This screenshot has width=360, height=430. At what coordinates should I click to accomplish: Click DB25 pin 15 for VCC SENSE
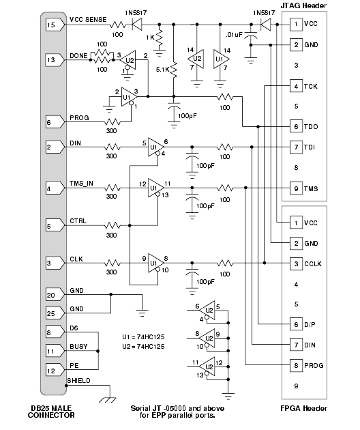(x=55, y=25)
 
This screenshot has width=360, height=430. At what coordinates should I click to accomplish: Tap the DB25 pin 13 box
(x=55, y=60)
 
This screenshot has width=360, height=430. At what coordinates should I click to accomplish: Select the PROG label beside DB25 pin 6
(x=79, y=118)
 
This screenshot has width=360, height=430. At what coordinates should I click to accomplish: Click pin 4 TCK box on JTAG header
(x=296, y=87)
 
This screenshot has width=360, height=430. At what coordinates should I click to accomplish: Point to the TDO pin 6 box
(x=296, y=127)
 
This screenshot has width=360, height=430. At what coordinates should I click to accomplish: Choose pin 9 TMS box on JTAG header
(x=296, y=188)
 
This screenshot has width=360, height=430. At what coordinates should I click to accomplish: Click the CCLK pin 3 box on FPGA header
(x=296, y=264)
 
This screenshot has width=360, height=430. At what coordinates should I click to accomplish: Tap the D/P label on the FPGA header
(x=310, y=325)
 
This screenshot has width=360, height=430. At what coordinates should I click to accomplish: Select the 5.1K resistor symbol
(x=174, y=70)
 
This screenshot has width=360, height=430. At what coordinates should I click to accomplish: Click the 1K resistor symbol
(x=160, y=38)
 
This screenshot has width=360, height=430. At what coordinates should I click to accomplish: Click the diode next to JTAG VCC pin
(x=265, y=25)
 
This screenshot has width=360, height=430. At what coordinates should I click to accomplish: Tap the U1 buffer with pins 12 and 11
(x=155, y=188)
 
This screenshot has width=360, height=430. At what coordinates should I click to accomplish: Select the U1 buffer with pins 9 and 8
(x=155, y=263)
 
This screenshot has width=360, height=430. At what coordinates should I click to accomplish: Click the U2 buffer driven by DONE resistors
(x=128, y=60)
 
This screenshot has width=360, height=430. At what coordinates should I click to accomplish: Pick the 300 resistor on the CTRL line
(x=112, y=226)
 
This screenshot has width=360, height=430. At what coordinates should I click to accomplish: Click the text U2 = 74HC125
(x=143, y=347)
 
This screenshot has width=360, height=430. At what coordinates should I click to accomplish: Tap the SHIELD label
(x=78, y=381)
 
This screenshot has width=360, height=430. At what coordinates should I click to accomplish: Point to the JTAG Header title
(x=303, y=5)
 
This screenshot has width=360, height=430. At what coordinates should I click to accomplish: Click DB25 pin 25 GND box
(x=55, y=313)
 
